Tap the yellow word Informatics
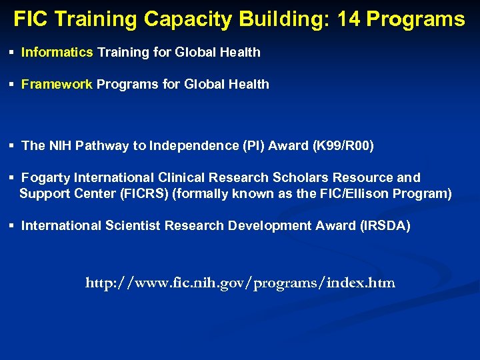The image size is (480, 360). [x=57, y=52]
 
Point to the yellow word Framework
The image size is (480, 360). [x=57, y=85]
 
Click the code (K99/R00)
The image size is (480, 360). [x=343, y=146]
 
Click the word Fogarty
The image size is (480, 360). [x=46, y=178]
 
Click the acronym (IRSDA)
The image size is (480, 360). [x=385, y=226]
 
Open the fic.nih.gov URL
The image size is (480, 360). [x=240, y=283]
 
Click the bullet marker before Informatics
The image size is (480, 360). [x=12, y=52]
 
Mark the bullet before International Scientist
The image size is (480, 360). [x=12, y=226]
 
